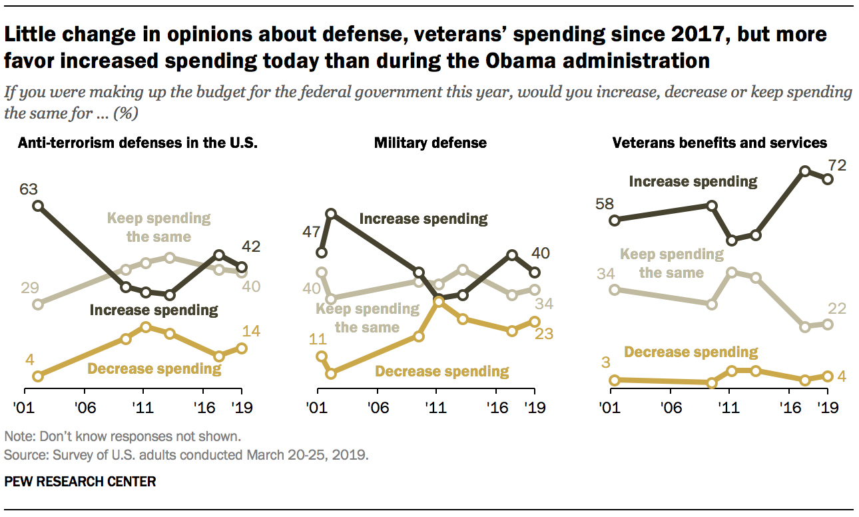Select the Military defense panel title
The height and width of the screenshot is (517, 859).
pos(430,143)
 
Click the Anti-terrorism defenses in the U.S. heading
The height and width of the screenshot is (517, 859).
pos(138,143)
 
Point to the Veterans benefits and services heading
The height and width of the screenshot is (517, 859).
pos(720,143)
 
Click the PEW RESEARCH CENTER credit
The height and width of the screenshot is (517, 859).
pos(80,481)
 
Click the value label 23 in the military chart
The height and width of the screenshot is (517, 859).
pos(544,334)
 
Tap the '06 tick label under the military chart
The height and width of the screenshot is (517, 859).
pos(377,408)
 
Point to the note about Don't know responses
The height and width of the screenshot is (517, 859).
pos(122,437)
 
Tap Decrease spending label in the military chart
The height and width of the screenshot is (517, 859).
pos(442,372)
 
